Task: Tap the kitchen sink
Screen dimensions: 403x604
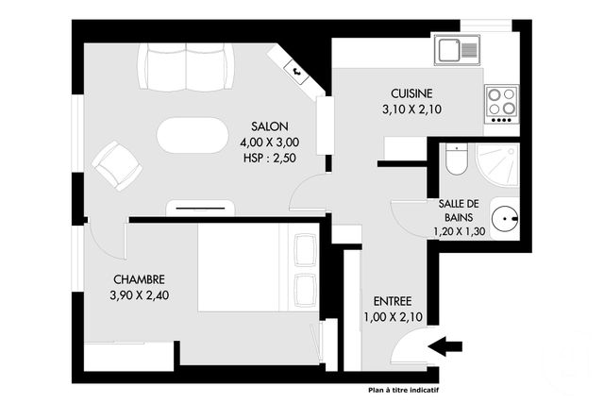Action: coord(457,49)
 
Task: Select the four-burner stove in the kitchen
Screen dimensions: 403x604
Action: coord(500,99)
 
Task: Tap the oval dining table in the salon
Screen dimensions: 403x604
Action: coord(192,134)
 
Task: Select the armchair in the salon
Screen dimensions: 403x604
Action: coord(118,166)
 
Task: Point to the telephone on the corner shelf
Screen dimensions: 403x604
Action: coord(295,69)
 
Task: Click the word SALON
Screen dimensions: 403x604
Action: coord(269,126)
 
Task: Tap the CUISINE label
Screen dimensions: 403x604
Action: coord(412,93)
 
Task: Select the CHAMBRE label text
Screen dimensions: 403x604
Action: coord(140,279)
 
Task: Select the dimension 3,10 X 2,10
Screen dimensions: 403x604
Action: coord(412,109)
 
